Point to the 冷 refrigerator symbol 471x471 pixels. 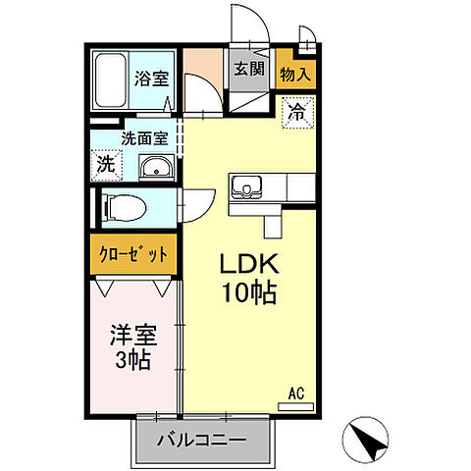click(x=294, y=112)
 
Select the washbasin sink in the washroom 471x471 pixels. click(x=155, y=170)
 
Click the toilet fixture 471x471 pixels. click(x=123, y=206)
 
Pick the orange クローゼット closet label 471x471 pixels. click(x=134, y=254)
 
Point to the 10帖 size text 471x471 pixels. click(x=249, y=292)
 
